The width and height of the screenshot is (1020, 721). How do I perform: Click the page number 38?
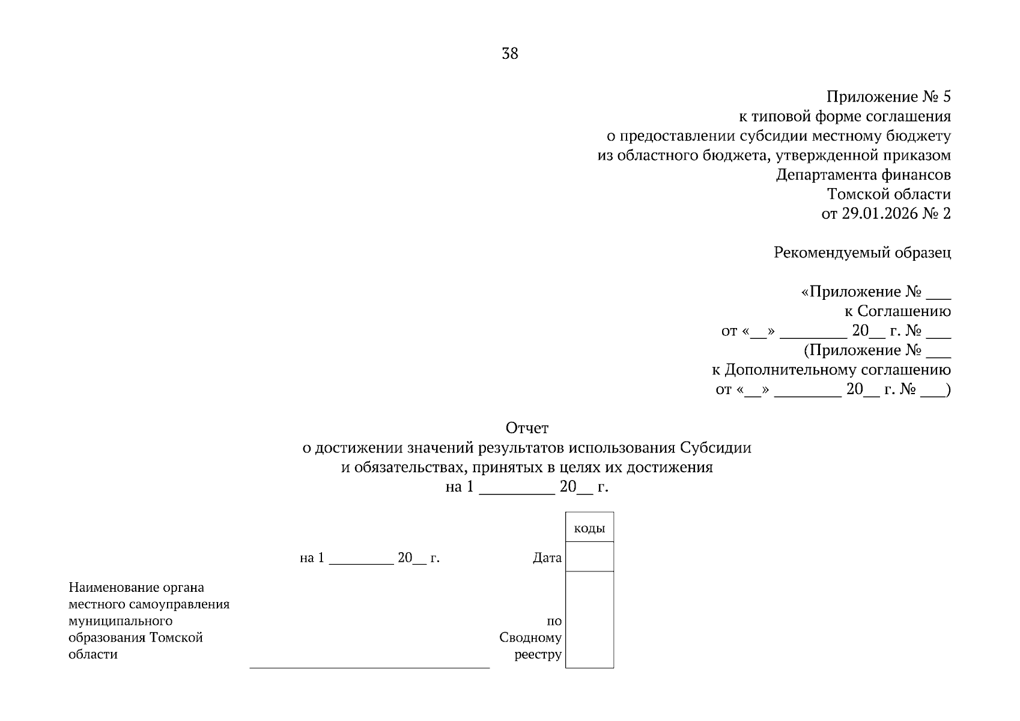(509, 54)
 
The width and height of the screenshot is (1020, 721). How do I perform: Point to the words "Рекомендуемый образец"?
(862, 252)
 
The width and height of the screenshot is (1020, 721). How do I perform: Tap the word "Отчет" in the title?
(527, 428)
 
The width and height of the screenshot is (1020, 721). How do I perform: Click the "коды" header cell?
(589, 529)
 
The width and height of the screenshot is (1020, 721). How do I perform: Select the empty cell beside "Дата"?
(589, 557)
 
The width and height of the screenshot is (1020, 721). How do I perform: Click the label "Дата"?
(547, 558)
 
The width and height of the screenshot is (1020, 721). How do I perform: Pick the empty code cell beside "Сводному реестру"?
(589, 619)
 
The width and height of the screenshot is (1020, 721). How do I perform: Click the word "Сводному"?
(530, 637)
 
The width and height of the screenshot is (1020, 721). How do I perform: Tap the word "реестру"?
(538, 654)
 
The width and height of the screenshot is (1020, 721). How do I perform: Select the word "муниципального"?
(121, 621)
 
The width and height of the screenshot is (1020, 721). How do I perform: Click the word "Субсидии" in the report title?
(715, 448)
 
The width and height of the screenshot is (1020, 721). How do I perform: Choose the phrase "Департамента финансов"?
(863, 175)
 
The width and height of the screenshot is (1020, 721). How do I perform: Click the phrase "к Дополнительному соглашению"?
(831, 370)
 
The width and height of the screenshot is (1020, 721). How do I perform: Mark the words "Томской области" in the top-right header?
(888, 194)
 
